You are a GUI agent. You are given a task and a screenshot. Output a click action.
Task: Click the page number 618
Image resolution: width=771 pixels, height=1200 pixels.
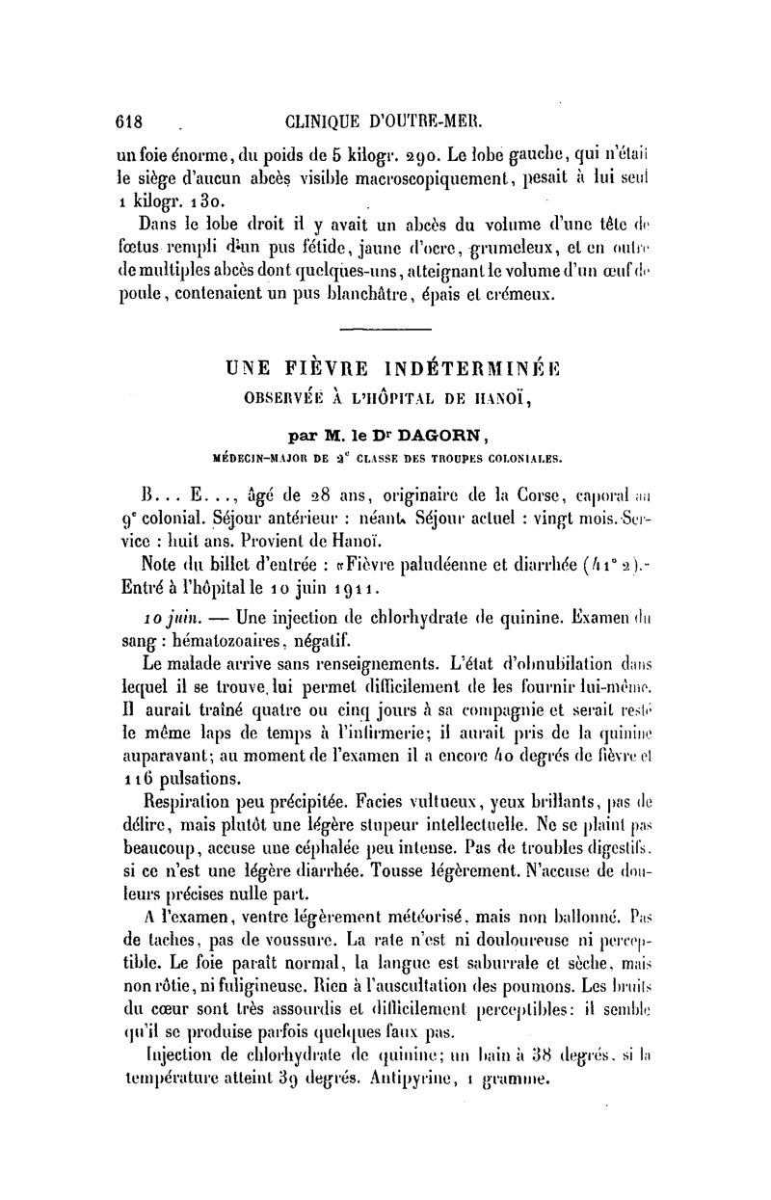pyautogui.click(x=127, y=122)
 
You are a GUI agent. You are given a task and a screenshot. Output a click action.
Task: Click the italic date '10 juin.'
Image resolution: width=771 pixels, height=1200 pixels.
pyautogui.click(x=167, y=613)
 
